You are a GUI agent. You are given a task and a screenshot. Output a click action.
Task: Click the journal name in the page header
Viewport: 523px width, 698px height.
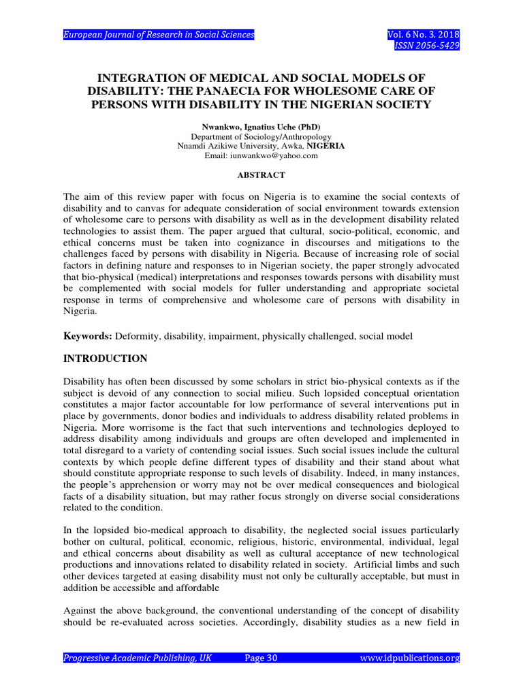click(x=159, y=35)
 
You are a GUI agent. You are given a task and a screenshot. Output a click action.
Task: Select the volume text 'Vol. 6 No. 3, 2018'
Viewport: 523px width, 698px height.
click(x=422, y=35)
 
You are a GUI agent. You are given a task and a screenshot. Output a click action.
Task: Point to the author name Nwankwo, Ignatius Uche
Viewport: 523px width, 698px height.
click(x=261, y=127)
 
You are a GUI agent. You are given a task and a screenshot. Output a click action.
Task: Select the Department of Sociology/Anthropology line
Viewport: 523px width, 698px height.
click(x=261, y=136)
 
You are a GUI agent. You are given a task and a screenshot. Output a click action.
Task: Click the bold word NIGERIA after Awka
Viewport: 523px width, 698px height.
click(x=326, y=146)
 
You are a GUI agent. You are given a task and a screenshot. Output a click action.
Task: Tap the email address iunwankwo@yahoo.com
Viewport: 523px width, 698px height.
click(x=261, y=155)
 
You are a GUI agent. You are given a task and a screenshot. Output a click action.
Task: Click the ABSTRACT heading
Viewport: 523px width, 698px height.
click(x=261, y=175)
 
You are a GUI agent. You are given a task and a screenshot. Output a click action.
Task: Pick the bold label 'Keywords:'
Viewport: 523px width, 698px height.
click(x=87, y=337)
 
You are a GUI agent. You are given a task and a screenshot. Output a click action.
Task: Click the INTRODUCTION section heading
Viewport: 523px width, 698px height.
click(x=105, y=358)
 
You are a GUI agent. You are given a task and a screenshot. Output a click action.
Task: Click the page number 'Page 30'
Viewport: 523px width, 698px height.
click(x=261, y=658)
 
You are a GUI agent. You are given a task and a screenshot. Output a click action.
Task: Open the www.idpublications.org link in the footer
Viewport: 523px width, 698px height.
click(x=409, y=658)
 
